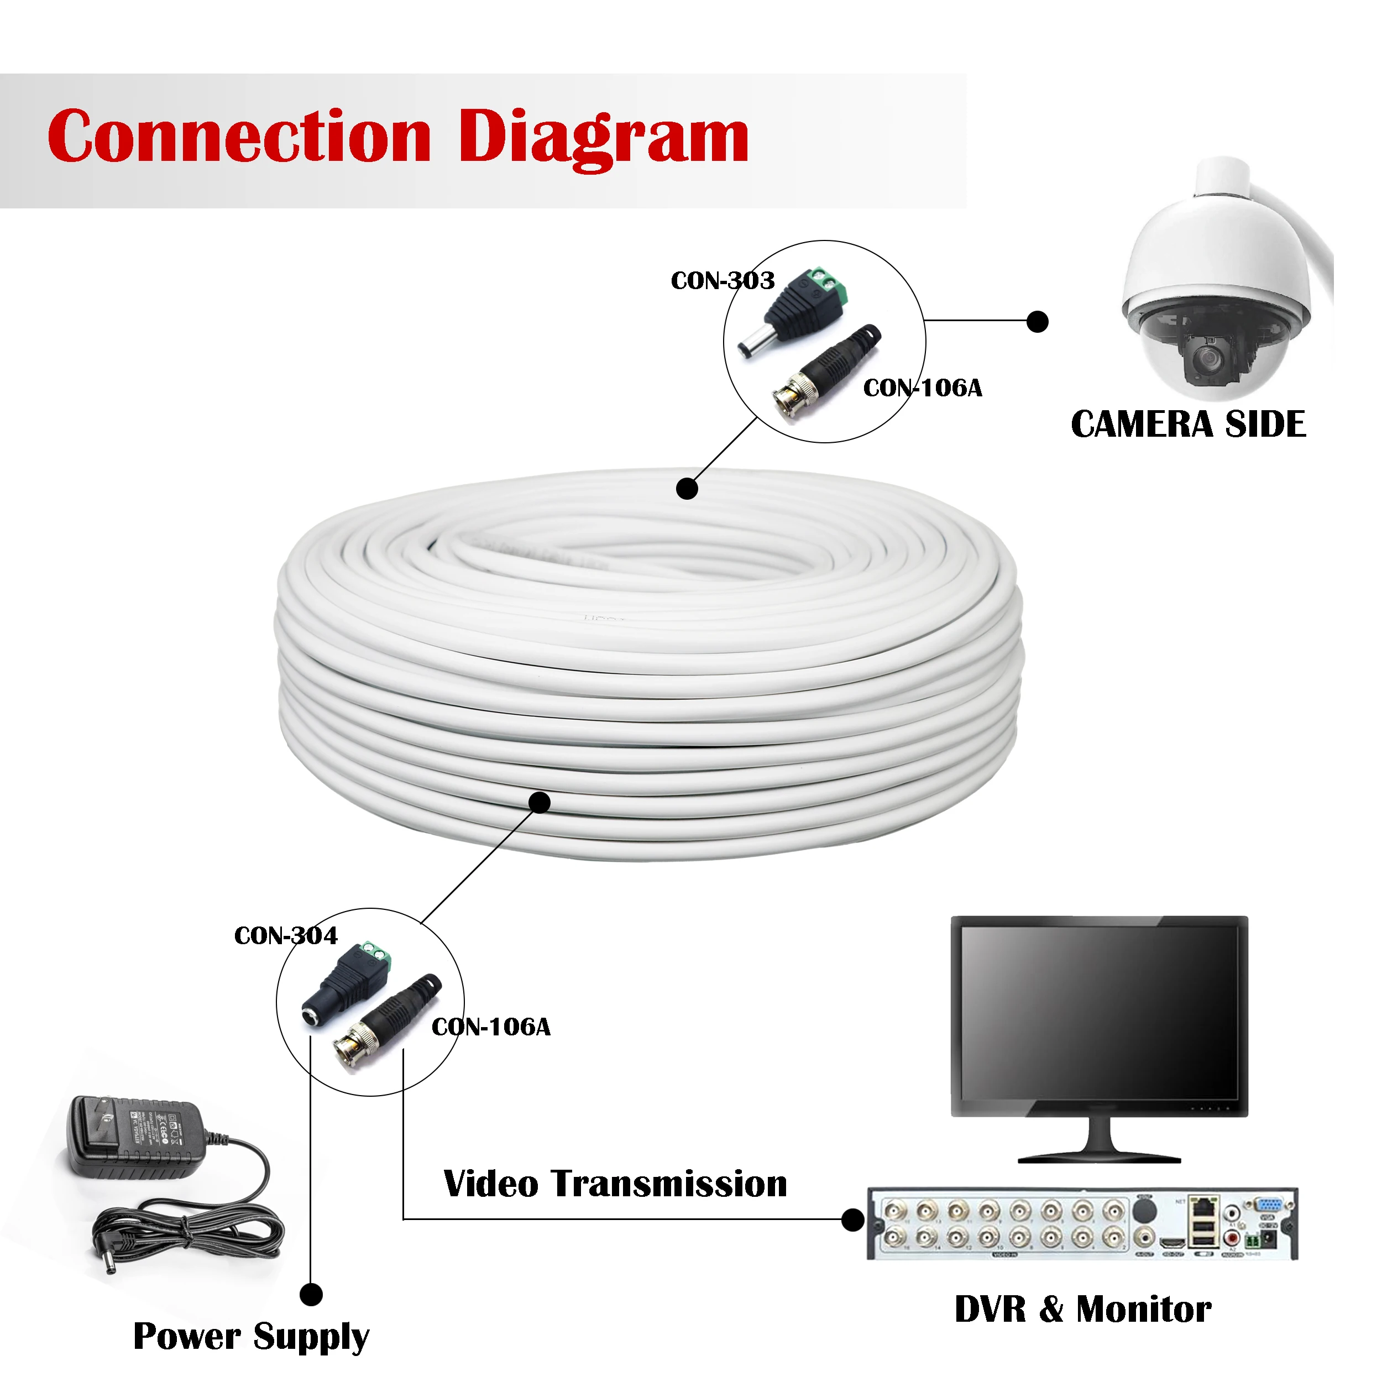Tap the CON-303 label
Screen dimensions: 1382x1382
tap(723, 280)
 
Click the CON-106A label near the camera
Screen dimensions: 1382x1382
tap(923, 389)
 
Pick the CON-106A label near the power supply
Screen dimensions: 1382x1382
tap(491, 1027)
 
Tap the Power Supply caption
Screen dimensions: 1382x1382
tap(251, 1336)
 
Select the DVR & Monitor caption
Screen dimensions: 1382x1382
tap(1083, 1309)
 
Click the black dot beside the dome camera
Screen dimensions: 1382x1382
tap(1037, 322)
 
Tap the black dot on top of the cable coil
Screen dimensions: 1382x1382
tap(687, 489)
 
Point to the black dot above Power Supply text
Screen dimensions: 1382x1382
tap(311, 1294)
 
